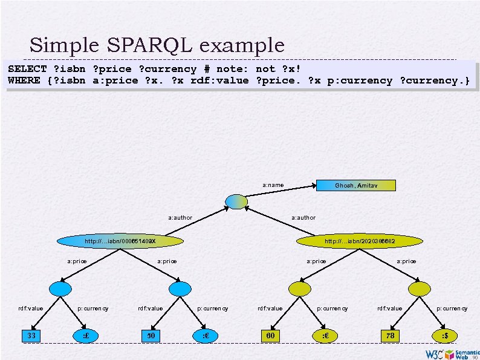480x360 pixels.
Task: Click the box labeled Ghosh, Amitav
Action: tap(356, 185)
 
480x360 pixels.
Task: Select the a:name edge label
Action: tap(273, 185)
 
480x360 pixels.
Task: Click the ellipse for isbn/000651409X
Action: tap(120, 241)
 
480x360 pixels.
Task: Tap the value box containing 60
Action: tap(270, 335)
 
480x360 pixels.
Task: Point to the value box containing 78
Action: tap(390, 335)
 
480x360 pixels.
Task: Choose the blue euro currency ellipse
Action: tap(206, 335)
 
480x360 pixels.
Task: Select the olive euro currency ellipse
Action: tap(325, 335)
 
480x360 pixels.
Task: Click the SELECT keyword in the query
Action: tap(27, 69)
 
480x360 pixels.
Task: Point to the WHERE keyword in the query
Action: tap(24, 80)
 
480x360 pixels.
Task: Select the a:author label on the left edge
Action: tap(180, 217)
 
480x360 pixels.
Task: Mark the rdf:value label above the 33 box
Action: tap(31, 309)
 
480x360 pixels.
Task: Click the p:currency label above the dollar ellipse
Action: tap(452, 309)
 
